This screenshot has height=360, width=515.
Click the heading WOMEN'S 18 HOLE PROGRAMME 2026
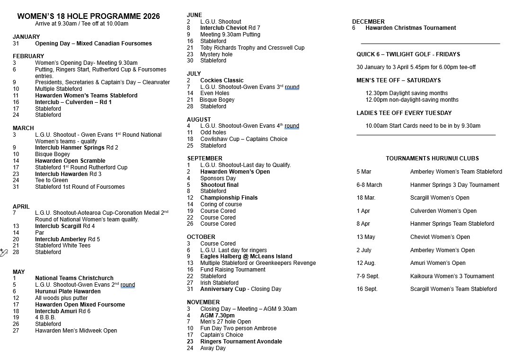(x=89, y=17)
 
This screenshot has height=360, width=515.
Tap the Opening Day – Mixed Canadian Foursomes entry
(x=93, y=44)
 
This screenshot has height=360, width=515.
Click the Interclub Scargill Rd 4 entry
(x=65, y=226)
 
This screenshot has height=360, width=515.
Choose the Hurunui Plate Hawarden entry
(x=68, y=291)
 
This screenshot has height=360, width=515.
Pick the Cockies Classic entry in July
(x=222, y=80)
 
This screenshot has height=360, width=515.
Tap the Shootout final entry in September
(x=219, y=185)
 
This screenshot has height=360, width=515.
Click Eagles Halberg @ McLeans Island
(x=246, y=256)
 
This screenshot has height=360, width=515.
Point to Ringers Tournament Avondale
(x=241, y=342)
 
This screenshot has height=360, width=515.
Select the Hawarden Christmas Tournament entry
(x=410, y=28)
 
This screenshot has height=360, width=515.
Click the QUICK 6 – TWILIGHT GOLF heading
(x=408, y=54)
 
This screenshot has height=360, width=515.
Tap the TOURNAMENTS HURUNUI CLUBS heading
(x=432, y=158)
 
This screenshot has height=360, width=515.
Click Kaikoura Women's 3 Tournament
(x=452, y=276)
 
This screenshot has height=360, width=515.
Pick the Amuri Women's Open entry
(x=437, y=263)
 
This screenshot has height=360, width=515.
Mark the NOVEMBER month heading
(x=203, y=302)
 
